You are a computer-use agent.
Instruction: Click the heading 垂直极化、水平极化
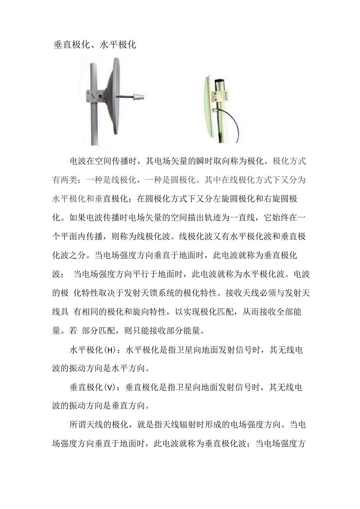(95, 45)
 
